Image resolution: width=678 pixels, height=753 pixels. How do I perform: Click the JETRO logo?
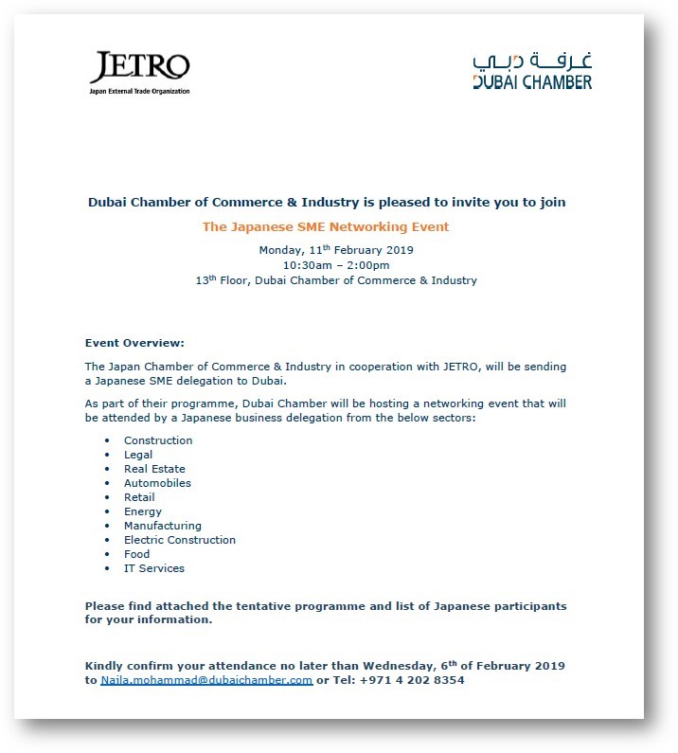pyautogui.click(x=140, y=68)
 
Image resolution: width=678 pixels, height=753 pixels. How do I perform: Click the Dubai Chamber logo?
pyautogui.click(x=532, y=71)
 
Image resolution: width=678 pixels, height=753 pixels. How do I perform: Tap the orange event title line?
pyautogui.click(x=326, y=227)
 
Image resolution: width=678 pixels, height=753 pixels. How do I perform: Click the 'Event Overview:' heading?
pyautogui.click(x=134, y=343)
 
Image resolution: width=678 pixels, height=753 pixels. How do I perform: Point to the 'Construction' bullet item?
pyautogui.click(x=158, y=440)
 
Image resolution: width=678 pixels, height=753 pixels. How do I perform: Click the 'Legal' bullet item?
pyautogui.click(x=138, y=455)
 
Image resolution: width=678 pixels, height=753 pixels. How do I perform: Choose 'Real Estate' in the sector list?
pyautogui.click(x=154, y=469)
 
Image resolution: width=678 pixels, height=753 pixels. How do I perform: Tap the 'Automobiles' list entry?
pyautogui.click(x=157, y=483)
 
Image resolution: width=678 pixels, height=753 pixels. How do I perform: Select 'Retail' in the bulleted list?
pyautogui.click(x=139, y=497)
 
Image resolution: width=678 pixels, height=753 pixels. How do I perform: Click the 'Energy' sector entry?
pyautogui.click(x=143, y=511)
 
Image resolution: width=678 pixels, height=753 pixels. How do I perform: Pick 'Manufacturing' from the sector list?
pyautogui.click(x=163, y=526)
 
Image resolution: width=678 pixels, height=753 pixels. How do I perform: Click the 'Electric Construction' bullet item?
pyautogui.click(x=180, y=540)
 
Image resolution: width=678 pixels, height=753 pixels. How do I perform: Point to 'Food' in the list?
pyautogui.click(x=136, y=554)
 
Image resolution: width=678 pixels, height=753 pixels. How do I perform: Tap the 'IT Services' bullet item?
pyautogui.click(x=154, y=568)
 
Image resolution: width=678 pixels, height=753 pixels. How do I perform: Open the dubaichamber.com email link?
pyautogui.click(x=206, y=680)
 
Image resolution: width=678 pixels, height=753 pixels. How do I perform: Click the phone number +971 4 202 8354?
pyautogui.click(x=412, y=680)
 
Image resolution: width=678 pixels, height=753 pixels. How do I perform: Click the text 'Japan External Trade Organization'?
pyautogui.click(x=140, y=91)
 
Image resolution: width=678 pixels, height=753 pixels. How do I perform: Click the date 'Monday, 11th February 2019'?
pyautogui.click(x=336, y=250)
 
